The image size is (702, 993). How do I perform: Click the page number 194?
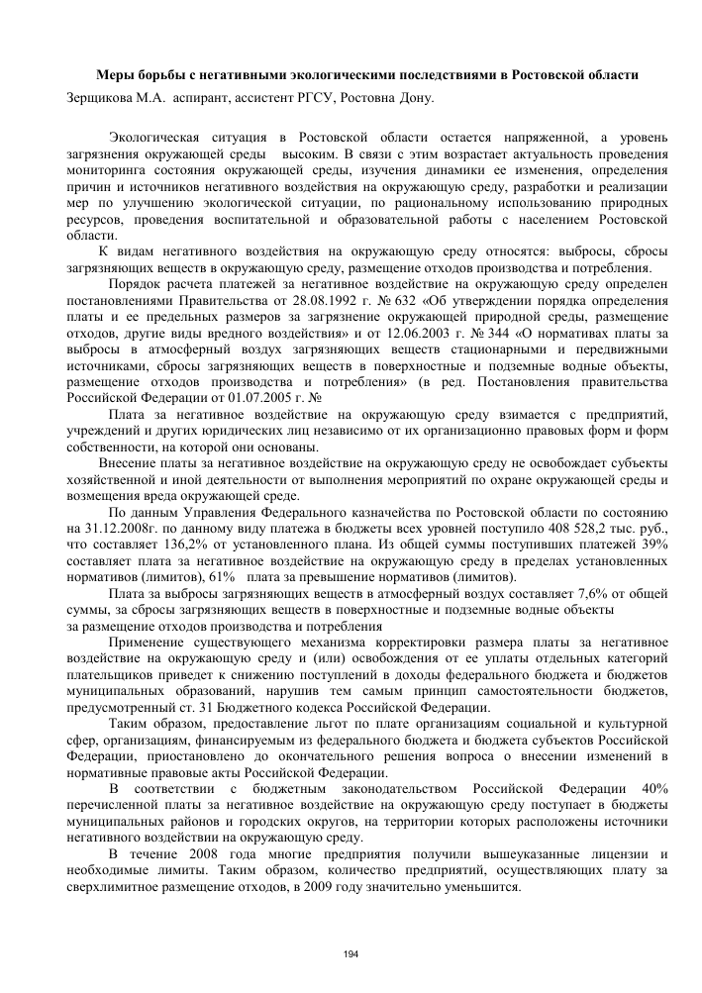[x=351, y=952]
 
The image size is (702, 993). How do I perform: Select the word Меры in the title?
[x=113, y=75]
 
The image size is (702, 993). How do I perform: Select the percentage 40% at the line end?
[x=654, y=789]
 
